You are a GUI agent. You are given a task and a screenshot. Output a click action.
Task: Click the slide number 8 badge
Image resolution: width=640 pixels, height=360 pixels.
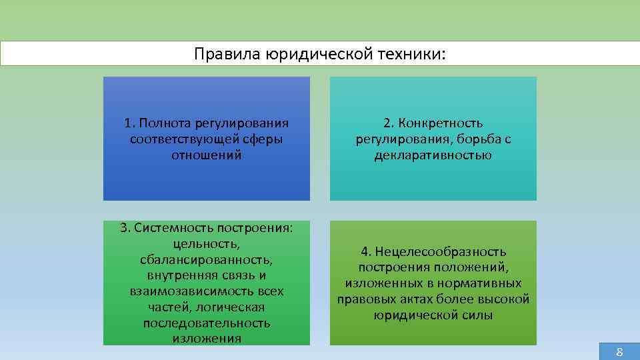click(619, 352)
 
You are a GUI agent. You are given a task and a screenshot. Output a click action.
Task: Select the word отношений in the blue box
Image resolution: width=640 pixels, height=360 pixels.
click(206, 155)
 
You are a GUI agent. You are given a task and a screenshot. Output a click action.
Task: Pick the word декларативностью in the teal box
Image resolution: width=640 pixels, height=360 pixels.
click(433, 155)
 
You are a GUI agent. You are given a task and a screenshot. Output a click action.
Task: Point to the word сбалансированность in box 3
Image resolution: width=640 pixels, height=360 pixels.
click(206, 259)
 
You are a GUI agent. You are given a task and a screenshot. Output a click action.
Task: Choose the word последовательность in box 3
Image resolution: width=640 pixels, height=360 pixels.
click(206, 323)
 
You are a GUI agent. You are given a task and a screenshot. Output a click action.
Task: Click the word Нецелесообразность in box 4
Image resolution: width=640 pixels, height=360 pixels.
click(441, 251)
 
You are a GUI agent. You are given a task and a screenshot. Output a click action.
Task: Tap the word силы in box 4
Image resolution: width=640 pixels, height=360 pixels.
click(475, 315)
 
